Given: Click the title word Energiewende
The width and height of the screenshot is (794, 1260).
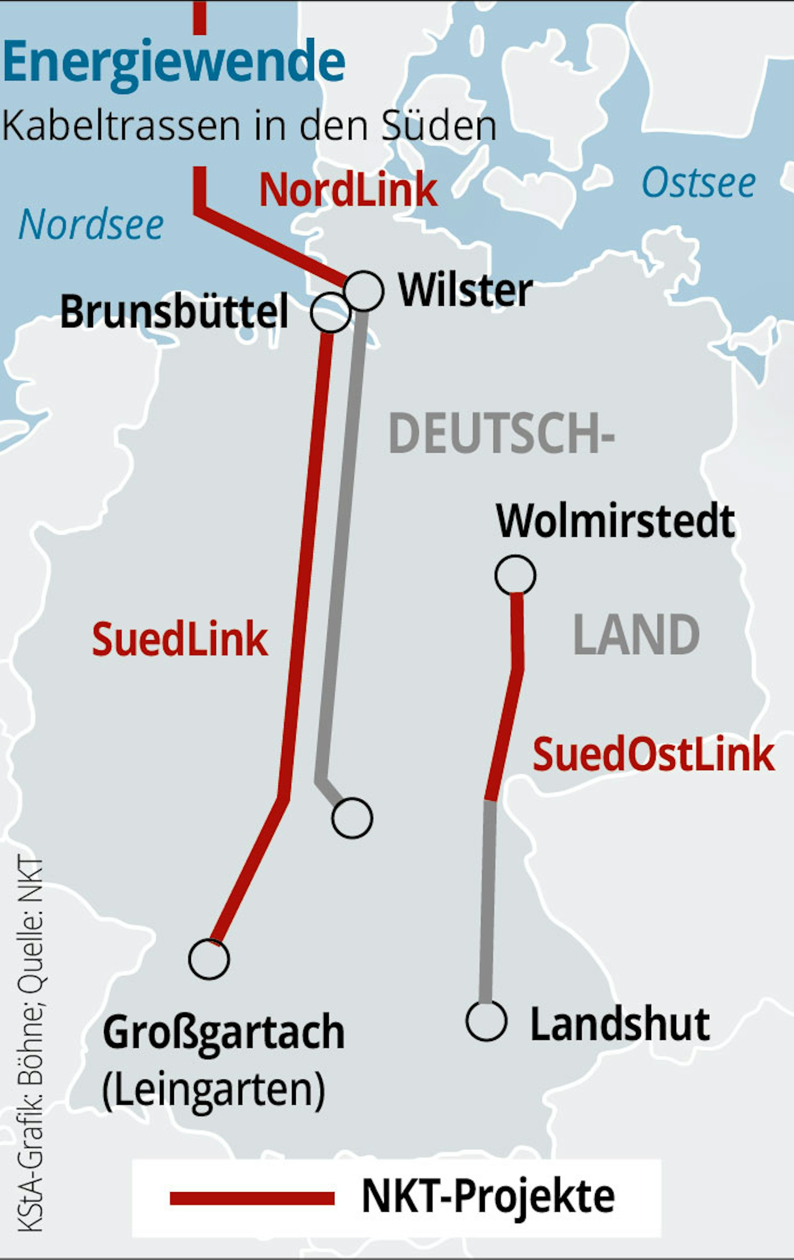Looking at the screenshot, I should click(174, 64).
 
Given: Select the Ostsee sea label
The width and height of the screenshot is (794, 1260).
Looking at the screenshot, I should click(699, 183).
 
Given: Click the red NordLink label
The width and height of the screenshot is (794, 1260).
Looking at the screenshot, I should click(348, 190).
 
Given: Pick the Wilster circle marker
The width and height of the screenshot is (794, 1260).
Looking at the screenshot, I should click(364, 291).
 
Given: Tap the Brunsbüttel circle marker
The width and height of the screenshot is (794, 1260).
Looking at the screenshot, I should click(330, 312).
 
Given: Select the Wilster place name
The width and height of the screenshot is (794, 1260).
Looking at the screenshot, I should click(465, 290).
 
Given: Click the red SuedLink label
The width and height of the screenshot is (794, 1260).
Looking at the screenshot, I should click(180, 639).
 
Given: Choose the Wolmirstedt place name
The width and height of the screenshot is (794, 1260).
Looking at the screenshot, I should click(615, 521).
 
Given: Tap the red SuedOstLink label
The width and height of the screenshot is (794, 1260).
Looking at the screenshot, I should click(653, 755).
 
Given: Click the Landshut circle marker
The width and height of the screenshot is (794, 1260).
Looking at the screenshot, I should click(487, 1021).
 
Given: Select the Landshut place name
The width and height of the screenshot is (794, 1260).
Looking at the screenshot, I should click(620, 1024).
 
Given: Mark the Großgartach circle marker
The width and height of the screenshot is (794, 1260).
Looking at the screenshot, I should click(209, 959).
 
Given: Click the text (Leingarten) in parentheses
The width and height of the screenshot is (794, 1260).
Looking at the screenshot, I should click(214, 1089).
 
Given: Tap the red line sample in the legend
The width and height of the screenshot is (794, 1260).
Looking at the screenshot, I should click(252, 1198).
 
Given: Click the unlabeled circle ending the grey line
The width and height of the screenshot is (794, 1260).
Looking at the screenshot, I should click(352, 818).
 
